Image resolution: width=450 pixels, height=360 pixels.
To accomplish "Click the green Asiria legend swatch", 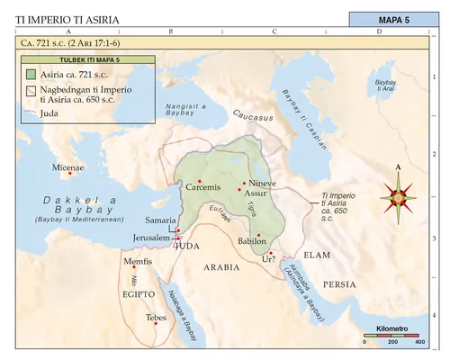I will [31, 74].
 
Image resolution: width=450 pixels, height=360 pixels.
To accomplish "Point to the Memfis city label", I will [137, 261].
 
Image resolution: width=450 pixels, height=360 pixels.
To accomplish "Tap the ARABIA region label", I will [221, 267].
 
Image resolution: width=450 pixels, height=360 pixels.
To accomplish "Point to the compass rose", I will [397, 195].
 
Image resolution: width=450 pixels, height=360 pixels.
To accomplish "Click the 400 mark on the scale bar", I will [418, 342].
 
